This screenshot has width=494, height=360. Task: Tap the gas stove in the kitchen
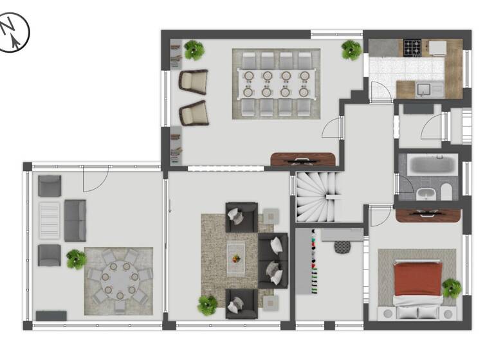(412, 47)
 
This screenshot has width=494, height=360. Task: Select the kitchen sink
(424, 89)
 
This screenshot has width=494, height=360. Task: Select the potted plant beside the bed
(452, 287)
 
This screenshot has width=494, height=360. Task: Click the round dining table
(120, 280)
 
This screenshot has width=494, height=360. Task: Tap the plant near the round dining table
(76, 259)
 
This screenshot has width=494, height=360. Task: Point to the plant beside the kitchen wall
(351, 49)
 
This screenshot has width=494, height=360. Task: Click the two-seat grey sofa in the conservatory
(75, 220)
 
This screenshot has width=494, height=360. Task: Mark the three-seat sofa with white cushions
(273, 260)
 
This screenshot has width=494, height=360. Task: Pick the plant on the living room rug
(208, 305)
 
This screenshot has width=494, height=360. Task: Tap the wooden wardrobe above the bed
(428, 215)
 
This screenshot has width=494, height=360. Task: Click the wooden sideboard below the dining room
(303, 159)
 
